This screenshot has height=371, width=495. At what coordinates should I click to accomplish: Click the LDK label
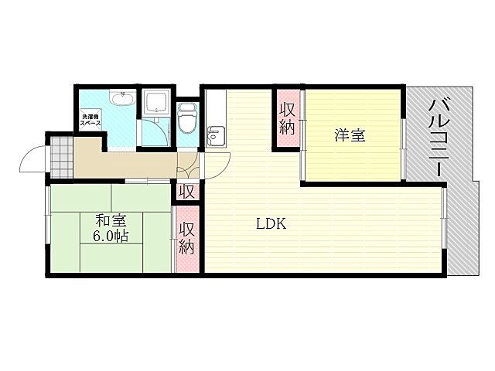pyautogui.click(x=271, y=224)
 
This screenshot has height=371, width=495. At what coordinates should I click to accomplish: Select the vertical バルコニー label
pyautogui.click(x=439, y=138)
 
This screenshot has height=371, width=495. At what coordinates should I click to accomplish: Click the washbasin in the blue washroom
pyautogui.click(x=121, y=98)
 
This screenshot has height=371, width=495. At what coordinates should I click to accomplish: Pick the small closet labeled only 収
pyautogui.click(x=186, y=191)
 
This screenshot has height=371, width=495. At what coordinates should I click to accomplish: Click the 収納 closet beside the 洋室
pyautogui.click(x=287, y=119)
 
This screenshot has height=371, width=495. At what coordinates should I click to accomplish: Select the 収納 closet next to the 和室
pyautogui.click(x=187, y=238)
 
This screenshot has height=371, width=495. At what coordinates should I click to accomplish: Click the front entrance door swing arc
pyautogui.click(x=32, y=161)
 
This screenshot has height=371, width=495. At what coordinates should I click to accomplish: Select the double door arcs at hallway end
pyautogui.click(x=193, y=164)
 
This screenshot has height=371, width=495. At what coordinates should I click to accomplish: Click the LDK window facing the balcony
pyautogui.click(x=445, y=228)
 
